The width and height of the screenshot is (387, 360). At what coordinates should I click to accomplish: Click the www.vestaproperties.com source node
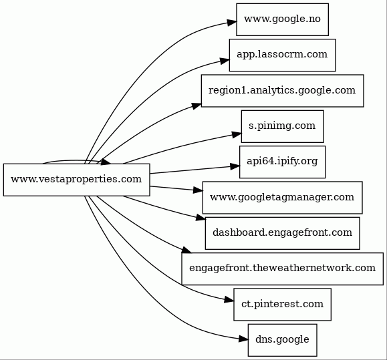pos(76,180)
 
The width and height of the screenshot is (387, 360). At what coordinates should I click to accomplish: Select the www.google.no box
pos(282,19)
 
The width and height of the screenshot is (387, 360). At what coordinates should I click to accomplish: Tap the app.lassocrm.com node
pos(282,55)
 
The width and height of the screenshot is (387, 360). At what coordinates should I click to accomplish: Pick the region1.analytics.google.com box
pos(282,91)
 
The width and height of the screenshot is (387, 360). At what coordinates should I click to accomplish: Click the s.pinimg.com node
pos(282,126)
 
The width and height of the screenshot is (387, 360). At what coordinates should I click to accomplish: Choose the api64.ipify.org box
pos(282,162)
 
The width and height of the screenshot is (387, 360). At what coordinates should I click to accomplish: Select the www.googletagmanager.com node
pos(282,198)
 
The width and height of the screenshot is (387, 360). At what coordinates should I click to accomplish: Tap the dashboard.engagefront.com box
pos(282,233)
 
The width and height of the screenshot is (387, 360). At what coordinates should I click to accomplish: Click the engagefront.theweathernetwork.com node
pos(282,268)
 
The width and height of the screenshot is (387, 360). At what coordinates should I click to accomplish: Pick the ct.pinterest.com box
pos(282,305)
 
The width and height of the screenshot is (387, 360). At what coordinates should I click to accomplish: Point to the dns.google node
pos(282,340)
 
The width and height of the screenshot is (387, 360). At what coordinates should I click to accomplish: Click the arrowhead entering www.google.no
pos(232,23)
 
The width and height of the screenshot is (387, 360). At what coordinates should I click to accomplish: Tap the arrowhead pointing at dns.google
pos(243,339)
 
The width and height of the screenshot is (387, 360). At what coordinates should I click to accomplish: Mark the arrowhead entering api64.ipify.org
pos(235,166)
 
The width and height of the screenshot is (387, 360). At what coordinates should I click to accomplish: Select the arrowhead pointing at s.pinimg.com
pos(237,134)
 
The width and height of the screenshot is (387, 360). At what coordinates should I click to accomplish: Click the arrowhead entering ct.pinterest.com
pos(229,300)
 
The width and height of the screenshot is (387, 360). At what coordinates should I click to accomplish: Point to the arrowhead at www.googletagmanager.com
pos(198,190)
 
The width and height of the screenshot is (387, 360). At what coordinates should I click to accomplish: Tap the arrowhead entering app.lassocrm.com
pos(225,61)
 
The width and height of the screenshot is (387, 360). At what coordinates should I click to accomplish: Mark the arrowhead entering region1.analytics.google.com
pos(197,106)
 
